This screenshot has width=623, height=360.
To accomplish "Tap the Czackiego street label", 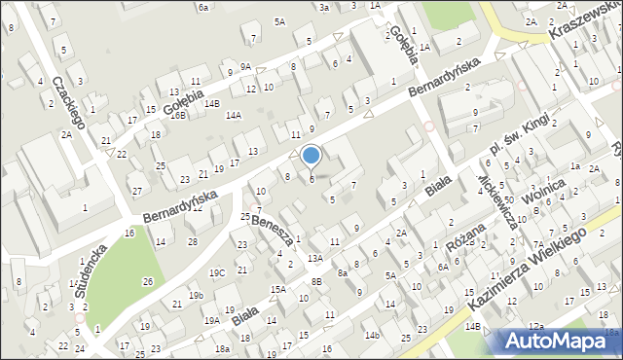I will [69, 102].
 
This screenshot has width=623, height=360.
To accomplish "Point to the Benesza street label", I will [273, 230].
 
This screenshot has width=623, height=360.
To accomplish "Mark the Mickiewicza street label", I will [495, 196].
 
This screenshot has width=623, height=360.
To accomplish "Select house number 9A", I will [246, 66].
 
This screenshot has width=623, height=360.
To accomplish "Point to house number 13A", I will [314, 258].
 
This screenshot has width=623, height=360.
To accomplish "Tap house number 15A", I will [277, 289].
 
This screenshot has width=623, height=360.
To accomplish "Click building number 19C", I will [217, 272].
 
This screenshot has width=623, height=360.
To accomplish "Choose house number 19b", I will [196, 295].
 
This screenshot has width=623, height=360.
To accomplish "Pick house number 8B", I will [316, 281].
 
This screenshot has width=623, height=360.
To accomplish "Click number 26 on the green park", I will [147, 281].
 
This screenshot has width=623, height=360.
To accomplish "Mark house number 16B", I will [177, 115].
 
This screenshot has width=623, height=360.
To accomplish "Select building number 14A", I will [234, 115].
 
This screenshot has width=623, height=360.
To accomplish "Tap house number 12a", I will [535, 326].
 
